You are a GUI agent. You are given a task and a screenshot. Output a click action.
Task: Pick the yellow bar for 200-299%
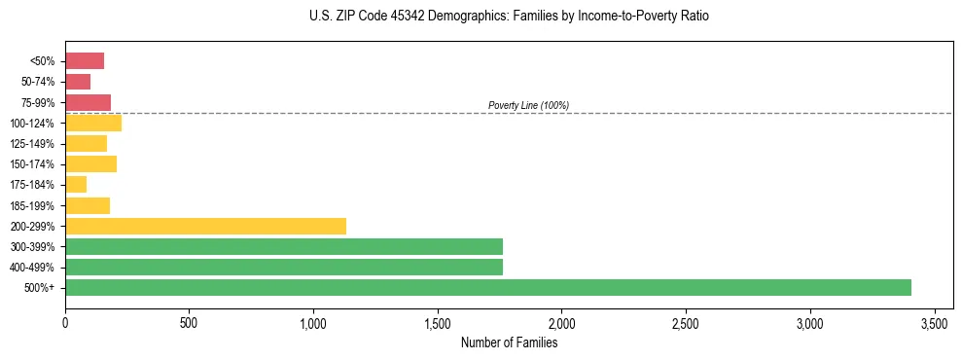(x=205, y=226)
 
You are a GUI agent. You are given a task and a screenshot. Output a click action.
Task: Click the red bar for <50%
(x=85, y=61)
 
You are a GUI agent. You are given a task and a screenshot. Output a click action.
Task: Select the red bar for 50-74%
(x=78, y=82)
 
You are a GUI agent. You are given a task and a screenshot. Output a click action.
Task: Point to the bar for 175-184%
(x=76, y=184)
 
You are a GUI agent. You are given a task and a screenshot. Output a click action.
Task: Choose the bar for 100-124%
(x=93, y=123)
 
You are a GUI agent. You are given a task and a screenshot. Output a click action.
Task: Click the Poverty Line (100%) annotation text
(x=528, y=105)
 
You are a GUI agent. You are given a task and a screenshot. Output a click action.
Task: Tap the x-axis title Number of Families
(x=509, y=342)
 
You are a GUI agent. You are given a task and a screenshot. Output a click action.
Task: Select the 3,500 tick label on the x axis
(x=935, y=322)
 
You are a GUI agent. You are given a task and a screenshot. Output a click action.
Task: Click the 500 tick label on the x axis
(x=190, y=322)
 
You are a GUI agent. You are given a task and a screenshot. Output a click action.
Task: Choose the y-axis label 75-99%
(x=38, y=102)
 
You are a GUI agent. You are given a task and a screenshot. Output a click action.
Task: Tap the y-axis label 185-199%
(x=35, y=205)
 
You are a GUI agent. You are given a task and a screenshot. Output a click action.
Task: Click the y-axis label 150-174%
(x=35, y=164)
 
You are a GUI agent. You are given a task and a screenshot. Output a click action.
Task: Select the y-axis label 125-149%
(x=35, y=144)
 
